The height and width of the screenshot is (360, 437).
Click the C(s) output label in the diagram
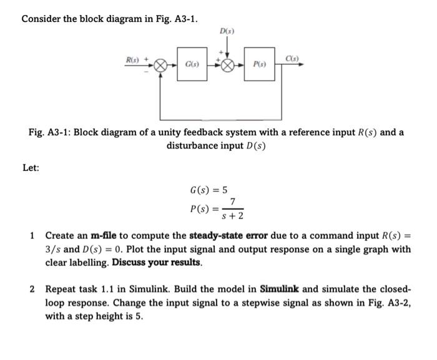click(x=292, y=59)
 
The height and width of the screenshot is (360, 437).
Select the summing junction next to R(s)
click(x=160, y=64)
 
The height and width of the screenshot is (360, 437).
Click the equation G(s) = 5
click(x=209, y=190)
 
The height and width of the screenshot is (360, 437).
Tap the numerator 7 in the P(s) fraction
click(x=232, y=202)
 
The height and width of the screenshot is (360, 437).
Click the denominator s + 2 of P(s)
click(x=232, y=217)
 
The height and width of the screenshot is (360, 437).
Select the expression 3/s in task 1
click(x=52, y=249)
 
